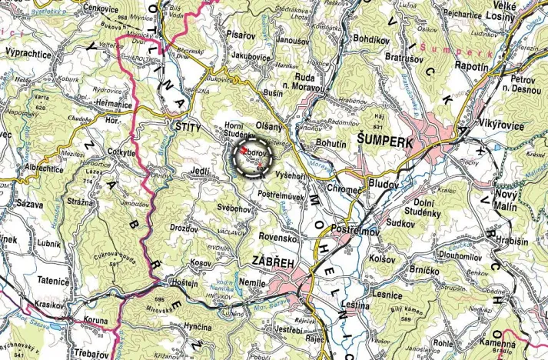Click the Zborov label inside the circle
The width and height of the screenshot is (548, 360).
pos(253,153)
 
